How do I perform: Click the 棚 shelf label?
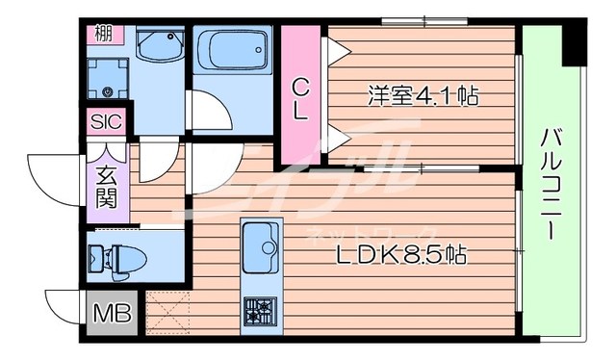pos(103,34)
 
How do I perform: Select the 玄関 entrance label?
pos(106,189)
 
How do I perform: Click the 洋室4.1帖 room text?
pos(423,96)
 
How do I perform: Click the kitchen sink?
pos(261,247)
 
